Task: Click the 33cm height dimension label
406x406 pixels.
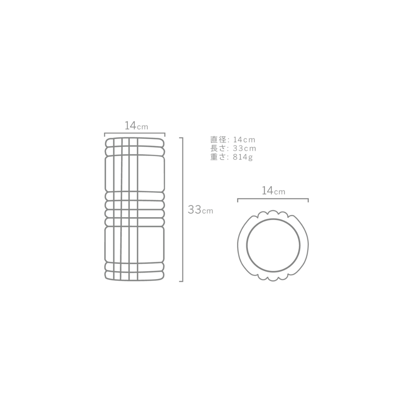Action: pos(200,210)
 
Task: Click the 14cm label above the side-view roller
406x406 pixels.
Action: pos(136,126)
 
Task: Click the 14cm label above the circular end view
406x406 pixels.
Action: pos(273,191)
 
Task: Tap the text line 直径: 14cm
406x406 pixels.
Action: pos(233,139)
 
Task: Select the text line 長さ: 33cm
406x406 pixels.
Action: pos(233,148)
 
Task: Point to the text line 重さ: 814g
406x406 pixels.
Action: pos(232,157)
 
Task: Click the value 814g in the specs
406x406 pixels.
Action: pos(242,157)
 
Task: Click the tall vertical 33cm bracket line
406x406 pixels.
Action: pos(183,209)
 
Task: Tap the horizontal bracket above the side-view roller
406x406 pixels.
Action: pos(135,133)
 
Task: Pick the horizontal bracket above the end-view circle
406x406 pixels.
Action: pos(273,199)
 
